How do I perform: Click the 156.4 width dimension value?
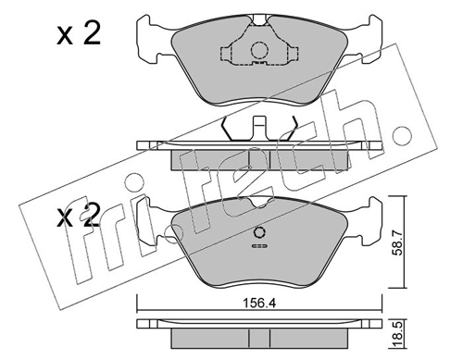tap(259, 304)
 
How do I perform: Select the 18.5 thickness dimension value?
tap(398, 335)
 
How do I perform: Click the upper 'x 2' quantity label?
tap(79, 34)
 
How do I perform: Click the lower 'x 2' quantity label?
tap(79, 216)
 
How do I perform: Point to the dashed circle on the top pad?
tap(258, 51)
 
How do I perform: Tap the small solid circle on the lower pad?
tap(259, 232)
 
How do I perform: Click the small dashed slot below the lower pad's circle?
tap(259, 246)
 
